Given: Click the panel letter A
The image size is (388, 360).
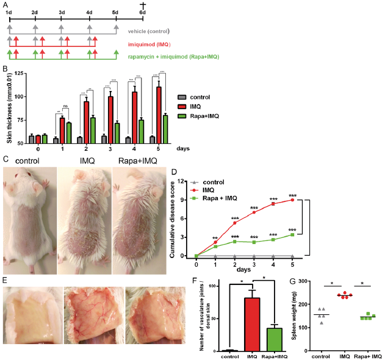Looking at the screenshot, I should pos(5,5).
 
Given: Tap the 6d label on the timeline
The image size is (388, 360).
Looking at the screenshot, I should pos(143,12).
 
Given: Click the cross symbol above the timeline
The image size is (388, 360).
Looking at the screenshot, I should pos(143,4).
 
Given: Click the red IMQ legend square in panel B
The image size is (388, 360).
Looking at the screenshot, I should pos(181,106).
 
